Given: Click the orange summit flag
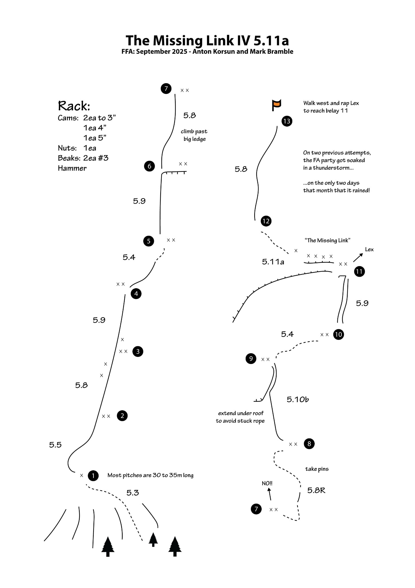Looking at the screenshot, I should coord(276,105).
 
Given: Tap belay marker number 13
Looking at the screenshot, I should coord(287,121).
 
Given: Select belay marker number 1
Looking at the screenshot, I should coord(93,475).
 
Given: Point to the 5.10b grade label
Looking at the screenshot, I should coord(298,399).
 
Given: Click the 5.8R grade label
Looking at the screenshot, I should coord(316,490).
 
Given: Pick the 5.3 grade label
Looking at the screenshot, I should coord(133,493).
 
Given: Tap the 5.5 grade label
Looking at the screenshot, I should coord(55,445).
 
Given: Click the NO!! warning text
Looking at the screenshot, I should coord(267,483).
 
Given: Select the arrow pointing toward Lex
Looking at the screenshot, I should coord(358,258).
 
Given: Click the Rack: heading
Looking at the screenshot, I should coord(74,106).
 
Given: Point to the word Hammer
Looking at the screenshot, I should coord(72,168).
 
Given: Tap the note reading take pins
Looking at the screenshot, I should coord(317,469).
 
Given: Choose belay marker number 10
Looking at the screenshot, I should coord(338,334).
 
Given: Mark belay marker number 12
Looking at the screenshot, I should coord(266,221).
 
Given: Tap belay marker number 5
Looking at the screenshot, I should coord(148,241).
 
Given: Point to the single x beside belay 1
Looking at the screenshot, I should coord(82,475).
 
